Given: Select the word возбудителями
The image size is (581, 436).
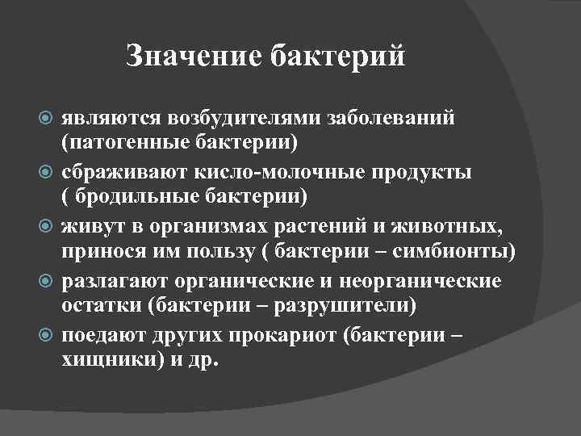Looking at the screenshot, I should tap(245, 118).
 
